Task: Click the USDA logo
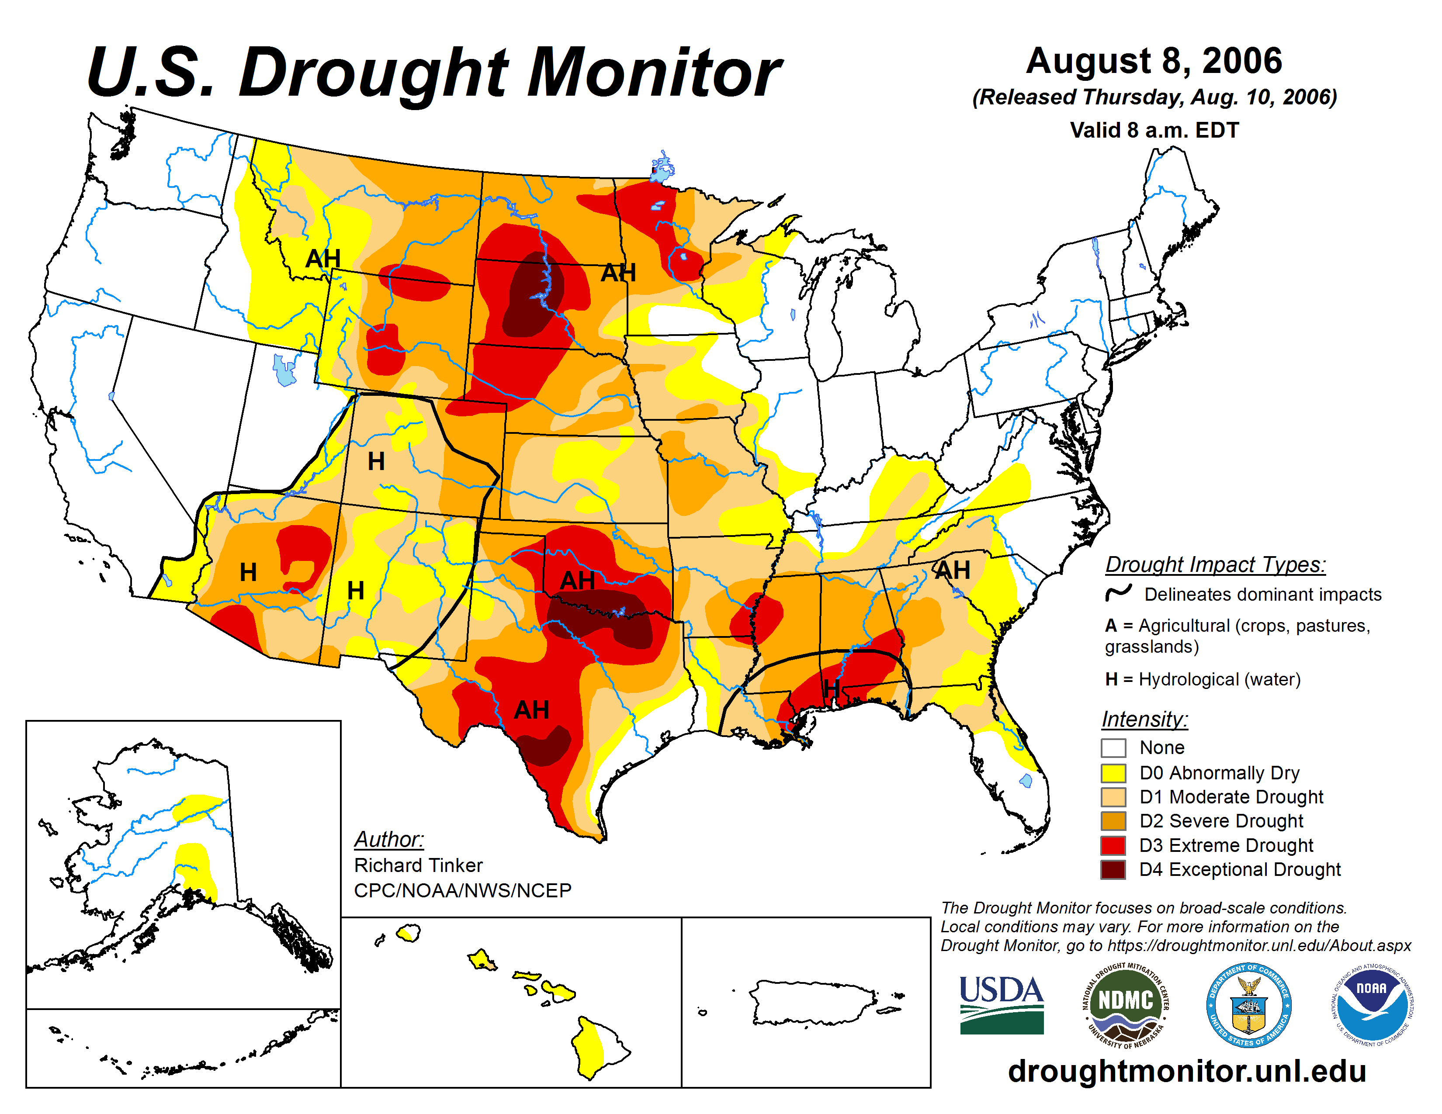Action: [x=1001, y=1004]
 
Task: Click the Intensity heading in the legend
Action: [x=1144, y=719]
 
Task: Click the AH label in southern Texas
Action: [x=531, y=710]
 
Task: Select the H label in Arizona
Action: [x=248, y=572]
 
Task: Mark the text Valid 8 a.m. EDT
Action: [x=1154, y=130]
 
